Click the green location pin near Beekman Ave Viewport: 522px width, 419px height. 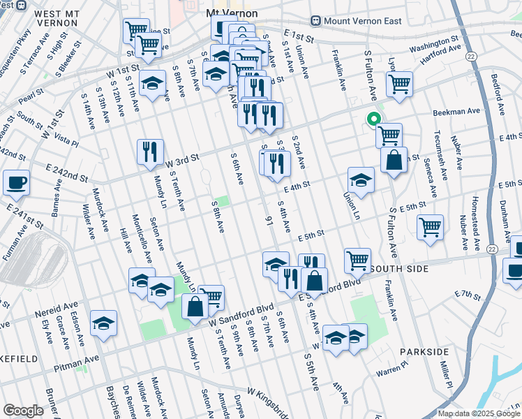(x=373, y=119)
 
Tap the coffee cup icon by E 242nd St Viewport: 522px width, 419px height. (x=16, y=183)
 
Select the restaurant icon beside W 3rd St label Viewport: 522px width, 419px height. (x=150, y=152)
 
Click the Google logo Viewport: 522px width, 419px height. (x=23, y=411)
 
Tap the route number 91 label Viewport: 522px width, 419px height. (x=267, y=221)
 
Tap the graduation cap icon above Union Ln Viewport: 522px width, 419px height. (x=361, y=180)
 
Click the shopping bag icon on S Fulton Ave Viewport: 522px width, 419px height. (x=394, y=159)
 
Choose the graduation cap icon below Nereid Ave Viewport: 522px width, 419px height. (x=104, y=323)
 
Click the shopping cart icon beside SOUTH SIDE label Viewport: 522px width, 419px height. (x=357, y=260)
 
